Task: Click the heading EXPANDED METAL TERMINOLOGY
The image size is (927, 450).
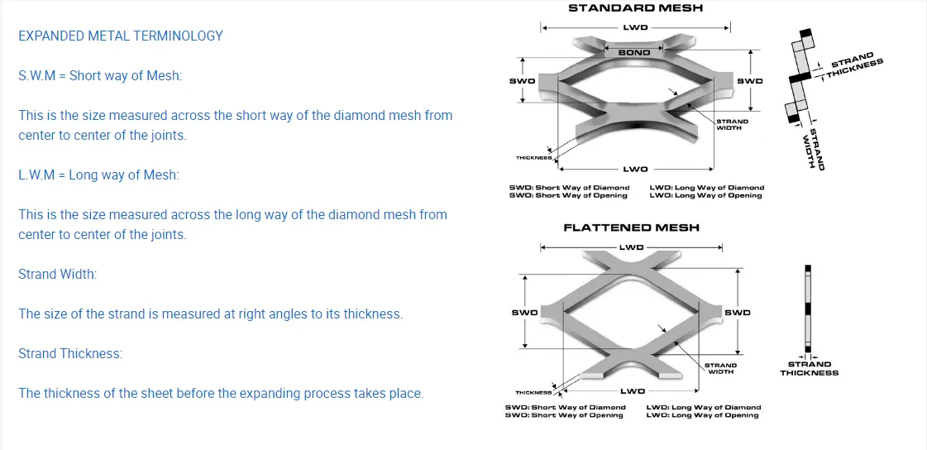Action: (121, 36)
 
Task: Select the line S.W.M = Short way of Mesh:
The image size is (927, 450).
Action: (100, 76)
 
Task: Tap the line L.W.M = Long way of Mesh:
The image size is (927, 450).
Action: (98, 175)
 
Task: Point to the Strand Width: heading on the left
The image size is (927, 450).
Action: (57, 274)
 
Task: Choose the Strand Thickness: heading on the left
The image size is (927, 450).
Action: (70, 353)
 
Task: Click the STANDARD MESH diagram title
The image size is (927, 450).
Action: (635, 8)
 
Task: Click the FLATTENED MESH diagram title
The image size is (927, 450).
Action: (631, 227)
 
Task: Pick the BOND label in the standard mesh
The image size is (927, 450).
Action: (634, 53)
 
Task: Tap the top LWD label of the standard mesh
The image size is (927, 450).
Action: (635, 27)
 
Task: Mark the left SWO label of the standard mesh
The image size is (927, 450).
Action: (522, 81)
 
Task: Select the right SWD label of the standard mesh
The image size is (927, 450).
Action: (749, 81)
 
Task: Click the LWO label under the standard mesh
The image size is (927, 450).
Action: (634, 170)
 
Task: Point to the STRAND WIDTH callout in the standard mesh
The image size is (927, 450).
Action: (732, 125)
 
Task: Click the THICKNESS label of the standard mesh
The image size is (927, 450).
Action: (533, 158)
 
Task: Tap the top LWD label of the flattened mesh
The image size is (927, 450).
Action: (632, 247)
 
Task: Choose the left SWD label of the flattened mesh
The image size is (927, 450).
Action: (524, 313)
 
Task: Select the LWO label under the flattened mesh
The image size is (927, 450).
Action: (632, 390)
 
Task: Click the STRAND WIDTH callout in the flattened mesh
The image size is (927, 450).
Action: (720, 368)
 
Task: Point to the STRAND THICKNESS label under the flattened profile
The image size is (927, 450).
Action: (809, 368)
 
